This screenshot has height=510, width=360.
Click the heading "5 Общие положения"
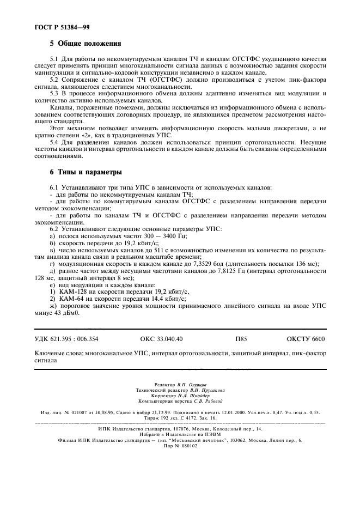(x=85, y=43)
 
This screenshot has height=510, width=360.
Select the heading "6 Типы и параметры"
(x=86, y=173)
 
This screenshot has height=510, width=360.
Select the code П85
(x=241, y=339)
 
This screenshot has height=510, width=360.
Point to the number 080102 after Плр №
(x=190, y=445)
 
